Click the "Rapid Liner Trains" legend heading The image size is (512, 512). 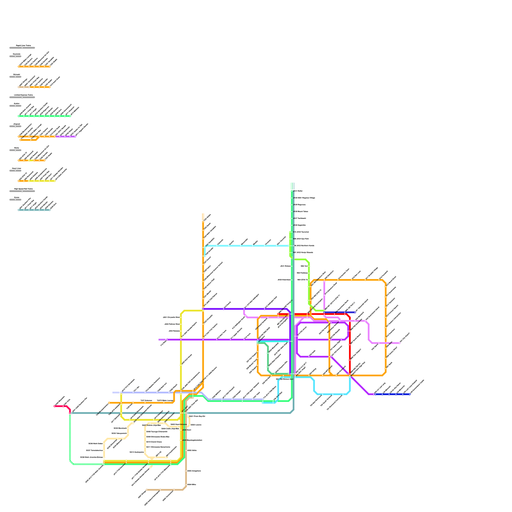23,46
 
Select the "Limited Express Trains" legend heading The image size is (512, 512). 23,95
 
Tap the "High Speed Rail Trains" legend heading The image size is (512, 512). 23,189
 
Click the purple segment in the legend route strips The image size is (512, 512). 66,137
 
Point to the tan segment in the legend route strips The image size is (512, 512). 24,87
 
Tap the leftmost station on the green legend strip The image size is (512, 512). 19,116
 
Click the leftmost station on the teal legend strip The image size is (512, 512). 19,210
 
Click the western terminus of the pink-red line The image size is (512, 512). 55,406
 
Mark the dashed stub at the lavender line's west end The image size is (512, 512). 116,393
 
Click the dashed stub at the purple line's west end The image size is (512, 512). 162,340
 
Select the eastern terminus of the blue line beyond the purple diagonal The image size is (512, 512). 410,394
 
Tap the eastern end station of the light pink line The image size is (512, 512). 399,343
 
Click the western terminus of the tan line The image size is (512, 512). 147,490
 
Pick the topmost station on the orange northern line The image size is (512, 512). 203,221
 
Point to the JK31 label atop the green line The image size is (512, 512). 298,191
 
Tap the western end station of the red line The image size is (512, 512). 278,314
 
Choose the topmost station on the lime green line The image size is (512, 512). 290,232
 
